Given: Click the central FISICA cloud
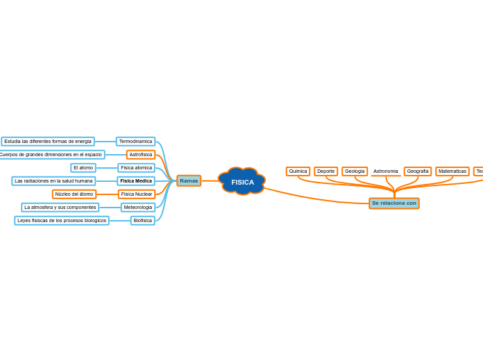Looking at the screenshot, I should pos(242,182).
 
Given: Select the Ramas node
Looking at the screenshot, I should pos(189,180).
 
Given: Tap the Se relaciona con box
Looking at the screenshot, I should pos(393,203).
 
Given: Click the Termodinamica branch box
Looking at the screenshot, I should pos(135,142).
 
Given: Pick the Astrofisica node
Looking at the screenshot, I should pos(140,155).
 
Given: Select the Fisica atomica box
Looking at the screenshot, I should pos(136,168).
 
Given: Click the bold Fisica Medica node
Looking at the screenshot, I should pos(136,181).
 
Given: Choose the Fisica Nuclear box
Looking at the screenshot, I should pos(136,194).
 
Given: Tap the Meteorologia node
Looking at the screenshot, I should pos(137,208).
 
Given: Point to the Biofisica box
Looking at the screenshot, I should pos(142,221).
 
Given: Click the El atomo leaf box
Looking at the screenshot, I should pos(83,168).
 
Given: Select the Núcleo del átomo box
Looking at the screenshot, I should pos(74,194).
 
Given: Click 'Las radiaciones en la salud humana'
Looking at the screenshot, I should pos(53,181).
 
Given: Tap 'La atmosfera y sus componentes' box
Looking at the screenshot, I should pos(60,208).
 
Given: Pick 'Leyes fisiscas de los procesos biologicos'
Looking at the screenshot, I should pos(62,221).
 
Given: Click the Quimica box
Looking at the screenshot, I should pos(298,171).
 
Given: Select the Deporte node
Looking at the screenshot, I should pos(325,171).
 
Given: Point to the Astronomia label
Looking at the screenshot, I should pos(386,171).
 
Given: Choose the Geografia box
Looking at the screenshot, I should pos(418,171).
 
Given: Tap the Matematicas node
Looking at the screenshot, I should pos(452,171).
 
